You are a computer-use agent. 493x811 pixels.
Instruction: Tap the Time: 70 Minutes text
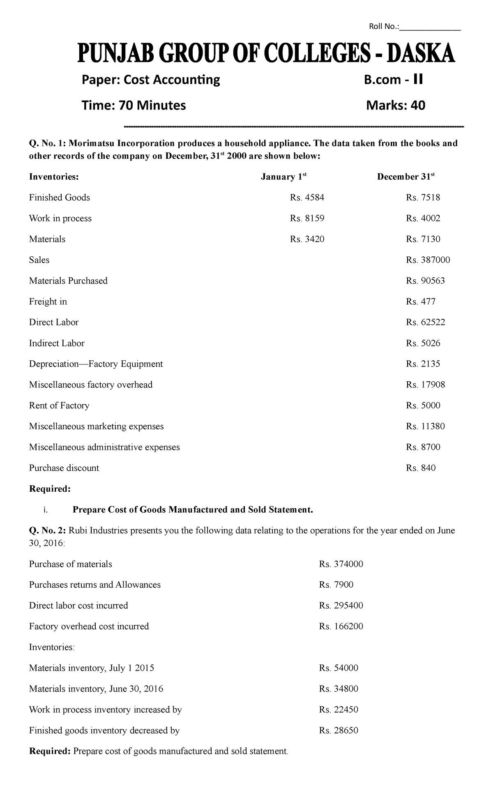pos(134,105)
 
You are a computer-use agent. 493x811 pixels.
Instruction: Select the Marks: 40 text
pos(395,105)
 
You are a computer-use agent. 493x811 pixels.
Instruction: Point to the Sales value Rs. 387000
pos(428,260)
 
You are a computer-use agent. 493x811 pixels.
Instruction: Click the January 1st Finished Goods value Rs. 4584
pos(307,197)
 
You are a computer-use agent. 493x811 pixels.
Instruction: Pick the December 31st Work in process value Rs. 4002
pos(423,218)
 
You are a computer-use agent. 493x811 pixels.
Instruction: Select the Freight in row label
pos(48,302)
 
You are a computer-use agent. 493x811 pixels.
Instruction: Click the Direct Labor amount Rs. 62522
pos(425,322)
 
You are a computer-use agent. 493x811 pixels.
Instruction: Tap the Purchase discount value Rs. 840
pos(420,468)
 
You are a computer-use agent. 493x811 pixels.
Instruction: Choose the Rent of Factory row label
pos(59,405)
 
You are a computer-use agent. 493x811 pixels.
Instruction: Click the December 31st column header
pos(405,177)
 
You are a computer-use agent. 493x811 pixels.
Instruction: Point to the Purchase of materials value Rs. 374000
pos(341,564)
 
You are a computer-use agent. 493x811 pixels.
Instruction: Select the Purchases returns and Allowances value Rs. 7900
pos(336,584)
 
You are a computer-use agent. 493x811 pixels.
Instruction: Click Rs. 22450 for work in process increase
pos(338,710)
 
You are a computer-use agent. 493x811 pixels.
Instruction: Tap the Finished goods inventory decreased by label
pos(104,730)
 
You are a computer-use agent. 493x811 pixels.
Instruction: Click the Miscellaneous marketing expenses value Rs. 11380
pos(425,426)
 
